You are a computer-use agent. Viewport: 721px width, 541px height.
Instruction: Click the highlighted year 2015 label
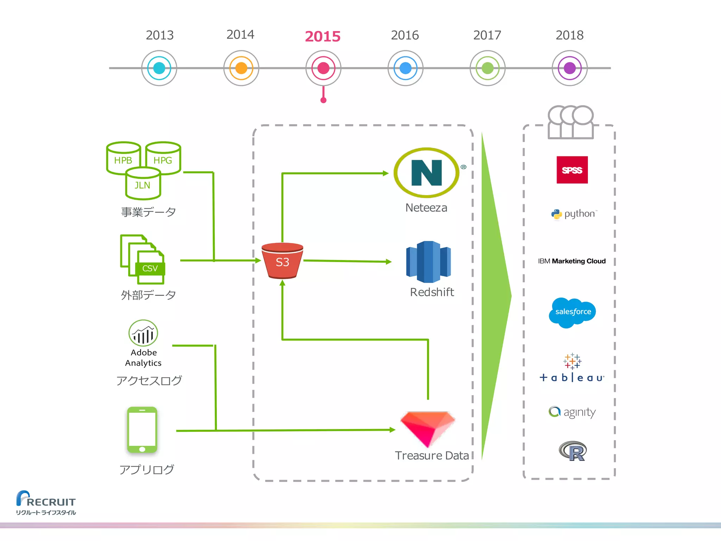tap(322, 36)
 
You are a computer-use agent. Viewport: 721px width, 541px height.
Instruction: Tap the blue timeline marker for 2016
tap(405, 68)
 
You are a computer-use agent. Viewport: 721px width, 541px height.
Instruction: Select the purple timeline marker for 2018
tap(569, 68)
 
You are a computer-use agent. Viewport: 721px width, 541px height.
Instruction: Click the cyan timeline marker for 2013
tap(159, 68)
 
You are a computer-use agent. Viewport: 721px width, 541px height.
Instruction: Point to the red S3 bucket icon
tap(282, 261)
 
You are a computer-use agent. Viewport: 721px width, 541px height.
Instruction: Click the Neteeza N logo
tap(426, 173)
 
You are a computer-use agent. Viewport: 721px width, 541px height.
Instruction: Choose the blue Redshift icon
tap(428, 262)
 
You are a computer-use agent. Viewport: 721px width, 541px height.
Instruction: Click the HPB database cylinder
tap(123, 158)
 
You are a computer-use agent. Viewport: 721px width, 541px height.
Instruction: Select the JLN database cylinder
tap(143, 184)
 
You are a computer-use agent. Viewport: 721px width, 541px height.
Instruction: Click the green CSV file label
tap(150, 269)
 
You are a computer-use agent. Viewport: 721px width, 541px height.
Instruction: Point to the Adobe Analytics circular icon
tap(143, 333)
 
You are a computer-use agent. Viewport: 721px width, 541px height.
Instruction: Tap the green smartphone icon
tap(142, 430)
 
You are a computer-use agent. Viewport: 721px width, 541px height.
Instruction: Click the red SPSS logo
tap(572, 170)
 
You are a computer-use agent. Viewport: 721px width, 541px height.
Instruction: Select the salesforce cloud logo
tap(572, 312)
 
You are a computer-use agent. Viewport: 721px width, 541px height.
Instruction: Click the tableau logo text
tap(572, 378)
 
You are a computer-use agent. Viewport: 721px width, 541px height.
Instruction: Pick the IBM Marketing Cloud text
tap(572, 261)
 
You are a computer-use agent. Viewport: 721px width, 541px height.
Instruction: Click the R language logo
tap(573, 451)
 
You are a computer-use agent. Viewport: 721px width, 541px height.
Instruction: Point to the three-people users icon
tap(570, 122)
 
